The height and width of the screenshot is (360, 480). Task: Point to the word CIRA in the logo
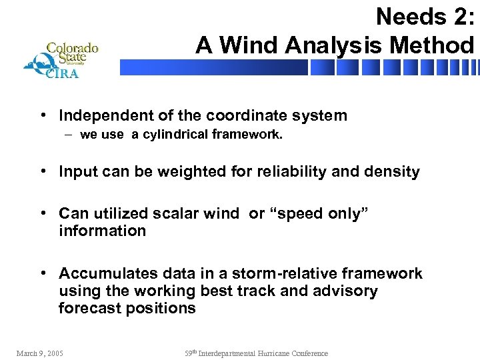(61, 73)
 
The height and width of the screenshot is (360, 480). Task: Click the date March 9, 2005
(39, 353)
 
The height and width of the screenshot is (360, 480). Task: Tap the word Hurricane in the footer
(269, 353)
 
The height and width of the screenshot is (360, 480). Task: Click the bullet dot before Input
(42, 172)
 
